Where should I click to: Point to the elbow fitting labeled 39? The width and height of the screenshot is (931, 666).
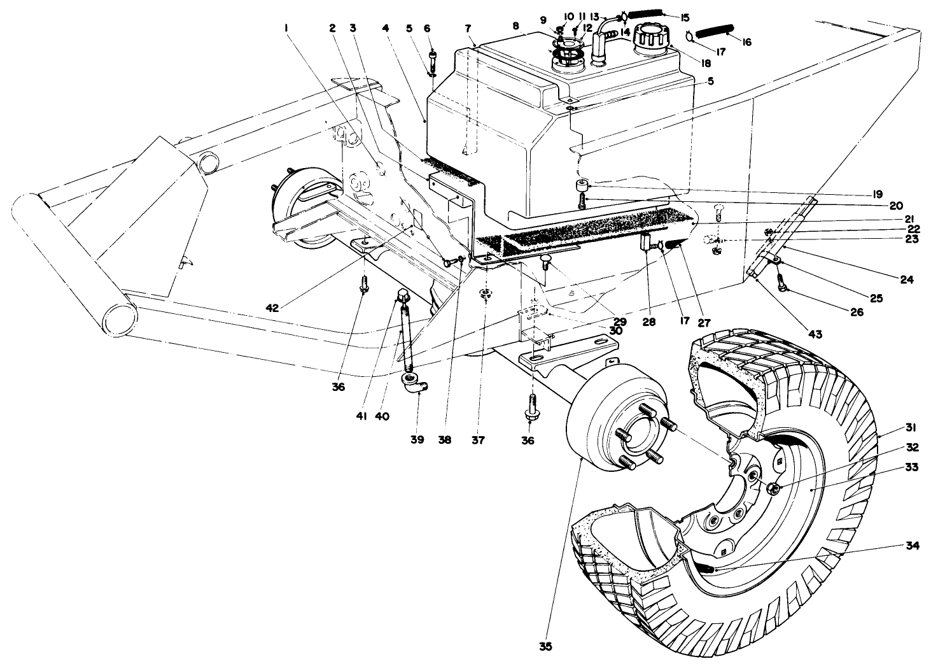coord(414,384)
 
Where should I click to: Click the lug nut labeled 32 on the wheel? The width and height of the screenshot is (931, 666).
coord(772,488)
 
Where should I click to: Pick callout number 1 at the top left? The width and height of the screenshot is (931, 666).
coord(287,28)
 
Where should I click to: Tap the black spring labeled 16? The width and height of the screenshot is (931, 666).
coord(714,30)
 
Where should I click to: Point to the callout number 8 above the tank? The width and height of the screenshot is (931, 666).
coord(516,28)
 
